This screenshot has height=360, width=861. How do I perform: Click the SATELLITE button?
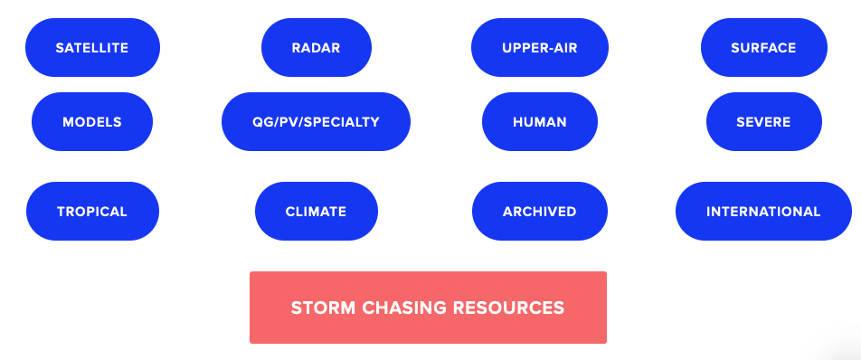click(x=92, y=47)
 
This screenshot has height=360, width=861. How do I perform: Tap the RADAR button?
click(x=316, y=47)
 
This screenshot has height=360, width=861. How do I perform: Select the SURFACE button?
click(x=763, y=47)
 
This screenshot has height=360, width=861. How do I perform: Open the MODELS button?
click(x=92, y=121)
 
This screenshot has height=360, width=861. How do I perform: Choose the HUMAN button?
click(x=539, y=121)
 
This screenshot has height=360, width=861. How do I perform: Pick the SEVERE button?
click(x=763, y=121)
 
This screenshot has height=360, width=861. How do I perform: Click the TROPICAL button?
click(x=92, y=212)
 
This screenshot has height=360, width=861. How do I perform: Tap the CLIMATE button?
click(x=316, y=212)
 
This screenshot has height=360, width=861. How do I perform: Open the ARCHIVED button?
click(x=539, y=212)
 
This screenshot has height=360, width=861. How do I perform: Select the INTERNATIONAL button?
click(x=763, y=212)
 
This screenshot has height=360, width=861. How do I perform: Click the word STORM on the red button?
click(x=321, y=308)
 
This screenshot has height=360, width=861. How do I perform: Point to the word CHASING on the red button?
click(x=401, y=308)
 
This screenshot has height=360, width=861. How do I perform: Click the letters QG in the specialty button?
click(x=262, y=121)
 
